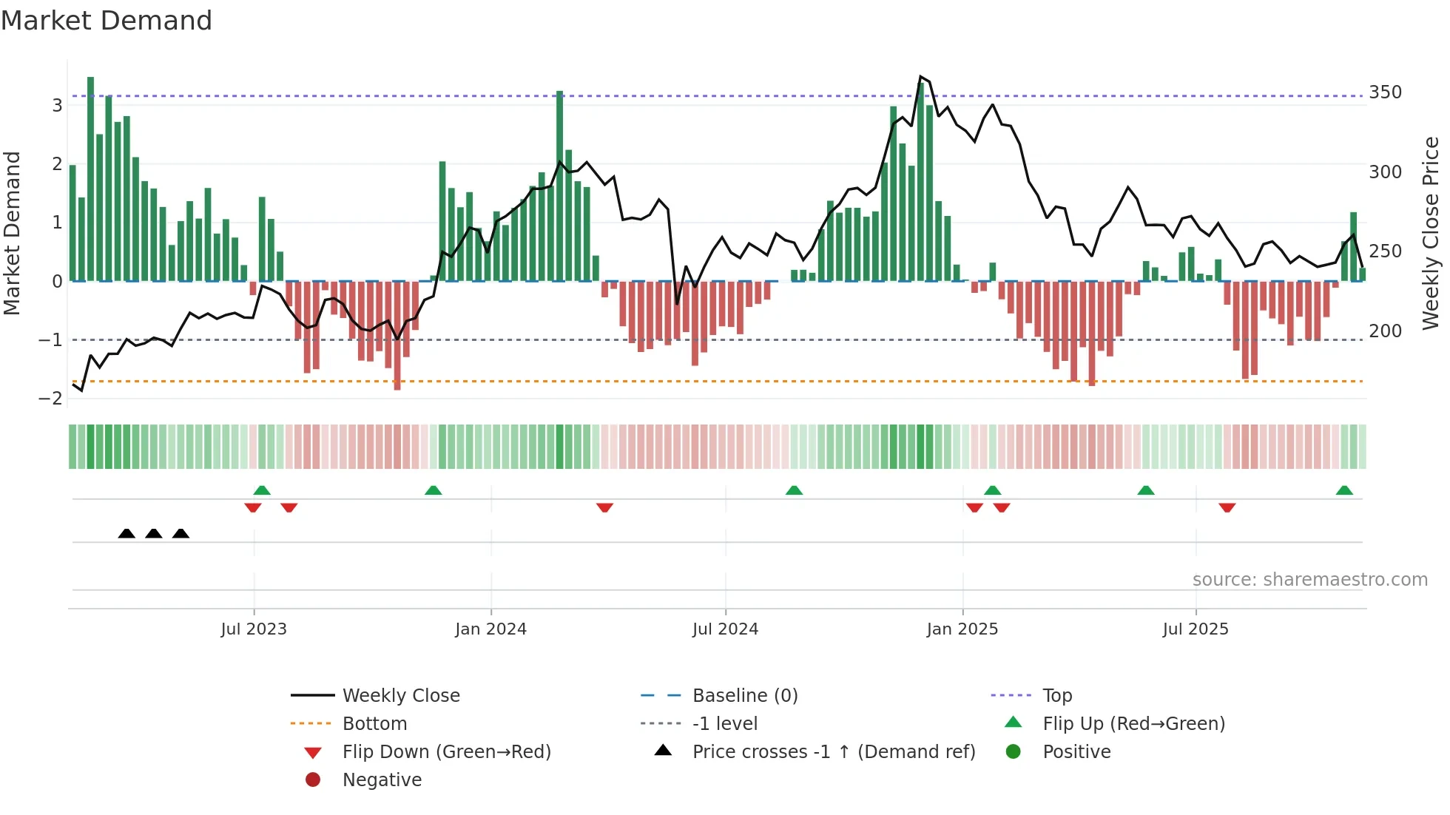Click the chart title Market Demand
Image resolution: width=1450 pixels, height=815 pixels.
pyautogui.click(x=107, y=21)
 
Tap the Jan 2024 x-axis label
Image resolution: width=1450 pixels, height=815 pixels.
pyautogui.click(x=490, y=629)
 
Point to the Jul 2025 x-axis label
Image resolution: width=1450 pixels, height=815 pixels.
pyautogui.click(x=1195, y=629)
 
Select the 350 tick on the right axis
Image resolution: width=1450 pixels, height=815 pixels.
pyautogui.click(x=1385, y=92)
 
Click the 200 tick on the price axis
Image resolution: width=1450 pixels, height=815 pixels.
pyautogui.click(x=1385, y=331)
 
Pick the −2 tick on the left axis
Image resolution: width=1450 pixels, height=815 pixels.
pyautogui.click(x=51, y=399)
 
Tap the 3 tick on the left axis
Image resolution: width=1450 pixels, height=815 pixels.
pyautogui.click(x=57, y=105)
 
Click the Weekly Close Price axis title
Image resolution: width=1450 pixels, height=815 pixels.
pyautogui.click(x=1431, y=233)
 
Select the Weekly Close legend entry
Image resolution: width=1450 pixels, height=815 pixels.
pyautogui.click(x=400, y=696)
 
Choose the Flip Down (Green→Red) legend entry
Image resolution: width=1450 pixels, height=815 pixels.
pyautogui.click(x=446, y=752)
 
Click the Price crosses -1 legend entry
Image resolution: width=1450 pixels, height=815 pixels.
pyautogui.click(x=833, y=752)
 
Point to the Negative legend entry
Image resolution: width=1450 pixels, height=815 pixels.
pyautogui.click(x=382, y=780)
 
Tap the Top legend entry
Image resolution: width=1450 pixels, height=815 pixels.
pyautogui.click(x=1056, y=696)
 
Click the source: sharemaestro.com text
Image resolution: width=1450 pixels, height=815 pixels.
pyautogui.click(x=1309, y=580)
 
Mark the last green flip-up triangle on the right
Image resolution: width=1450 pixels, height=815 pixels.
pyautogui.click(x=1344, y=490)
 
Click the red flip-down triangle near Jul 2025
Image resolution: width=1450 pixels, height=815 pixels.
pyautogui.click(x=1227, y=508)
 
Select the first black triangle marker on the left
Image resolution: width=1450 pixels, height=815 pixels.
pyautogui.click(x=127, y=534)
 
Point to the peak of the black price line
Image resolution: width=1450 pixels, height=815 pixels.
pyautogui.click(x=920, y=77)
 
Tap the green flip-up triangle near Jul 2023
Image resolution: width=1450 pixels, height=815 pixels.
pyautogui.click(x=262, y=490)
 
